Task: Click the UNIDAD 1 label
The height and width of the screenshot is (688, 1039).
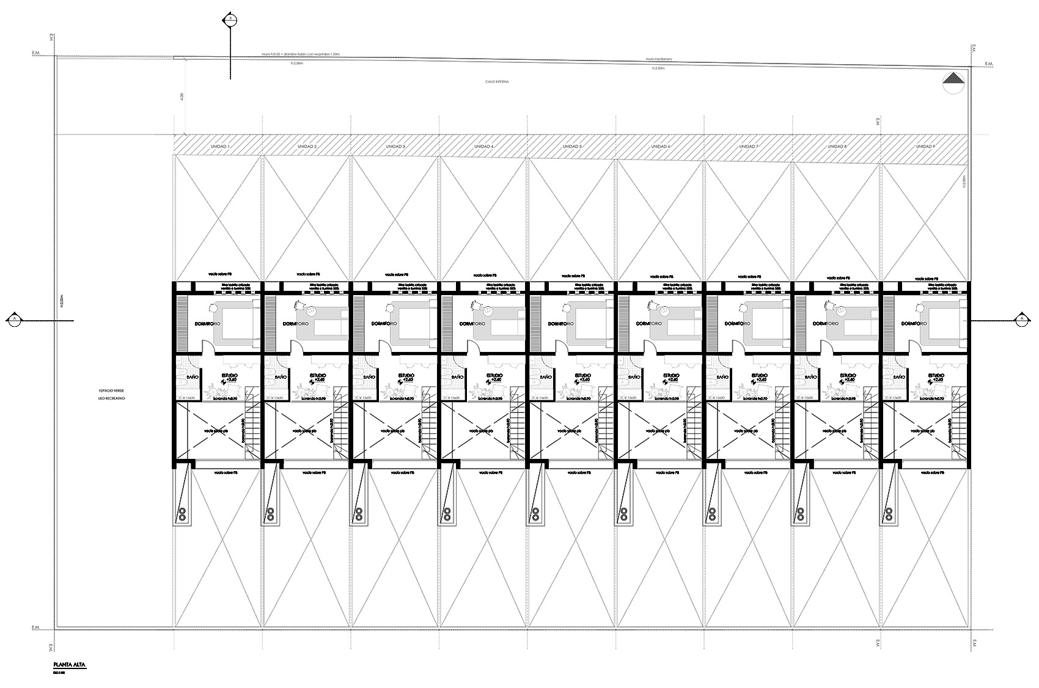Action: click(x=220, y=147)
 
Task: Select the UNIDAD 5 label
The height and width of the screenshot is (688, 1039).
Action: click(x=572, y=147)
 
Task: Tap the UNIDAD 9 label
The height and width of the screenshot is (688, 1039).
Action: click(x=925, y=147)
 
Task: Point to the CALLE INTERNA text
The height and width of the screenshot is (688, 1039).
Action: click(x=497, y=81)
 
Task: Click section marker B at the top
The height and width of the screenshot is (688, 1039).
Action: click(x=230, y=20)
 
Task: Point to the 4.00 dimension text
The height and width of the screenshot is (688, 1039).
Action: click(x=182, y=97)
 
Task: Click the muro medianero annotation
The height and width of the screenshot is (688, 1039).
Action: click(x=659, y=59)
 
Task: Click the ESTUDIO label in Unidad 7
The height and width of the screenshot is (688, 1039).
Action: click(x=759, y=375)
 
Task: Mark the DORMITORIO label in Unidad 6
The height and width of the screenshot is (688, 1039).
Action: click(x=652, y=323)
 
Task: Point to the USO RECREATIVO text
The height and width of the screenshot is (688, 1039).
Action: click(x=111, y=398)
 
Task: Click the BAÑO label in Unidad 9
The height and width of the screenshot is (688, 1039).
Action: click(x=898, y=378)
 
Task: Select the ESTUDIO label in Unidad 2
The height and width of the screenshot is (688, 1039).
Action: click(x=318, y=375)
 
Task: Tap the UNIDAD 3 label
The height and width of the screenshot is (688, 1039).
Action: click(x=396, y=147)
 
